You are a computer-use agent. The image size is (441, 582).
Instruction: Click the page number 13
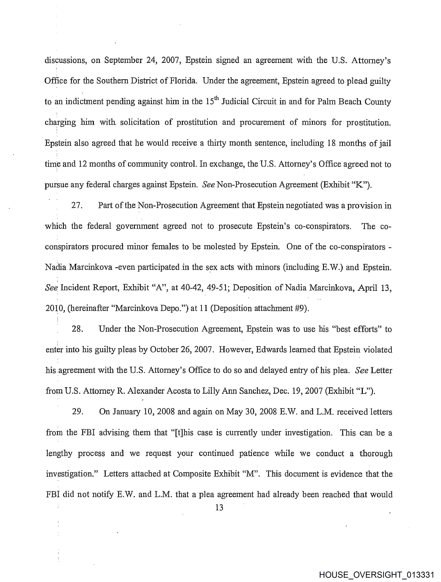pyautogui.click(x=219, y=508)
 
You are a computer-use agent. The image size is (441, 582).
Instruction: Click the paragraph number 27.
pyautogui.click(x=77, y=206)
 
